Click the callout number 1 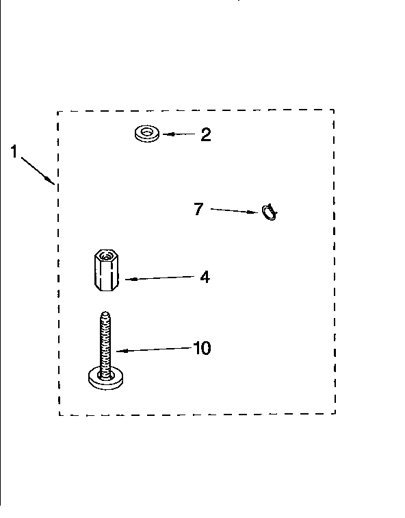point(14,151)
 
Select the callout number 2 point(206,135)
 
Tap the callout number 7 point(198,209)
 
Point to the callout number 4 point(205,277)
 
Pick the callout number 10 point(202,348)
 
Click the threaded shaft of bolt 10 point(105,343)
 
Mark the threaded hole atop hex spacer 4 point(106,256)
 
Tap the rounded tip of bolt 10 point(105,314)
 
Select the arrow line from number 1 point(38,171)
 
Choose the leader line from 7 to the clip point(235,211)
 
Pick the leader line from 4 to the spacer point(160,277)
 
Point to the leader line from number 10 point(155,349)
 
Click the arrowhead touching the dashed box point(51,181)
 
